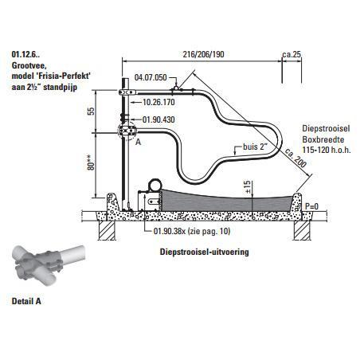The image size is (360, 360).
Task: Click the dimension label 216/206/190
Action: click(x=203, y=54)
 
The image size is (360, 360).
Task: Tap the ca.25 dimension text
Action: click(x=292, y=54)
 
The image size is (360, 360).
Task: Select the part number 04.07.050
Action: click(x=151, y=77)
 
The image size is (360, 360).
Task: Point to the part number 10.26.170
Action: click(x=158, y=102)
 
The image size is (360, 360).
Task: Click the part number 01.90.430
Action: click(x=158, y=119)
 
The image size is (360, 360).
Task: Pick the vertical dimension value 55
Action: click(x=91, y=111)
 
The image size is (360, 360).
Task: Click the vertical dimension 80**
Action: click(x=91, y=162)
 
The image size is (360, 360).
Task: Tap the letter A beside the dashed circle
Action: click(x=138, y=143)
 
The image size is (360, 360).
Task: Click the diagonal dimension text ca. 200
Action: click(x=295, y=158)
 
